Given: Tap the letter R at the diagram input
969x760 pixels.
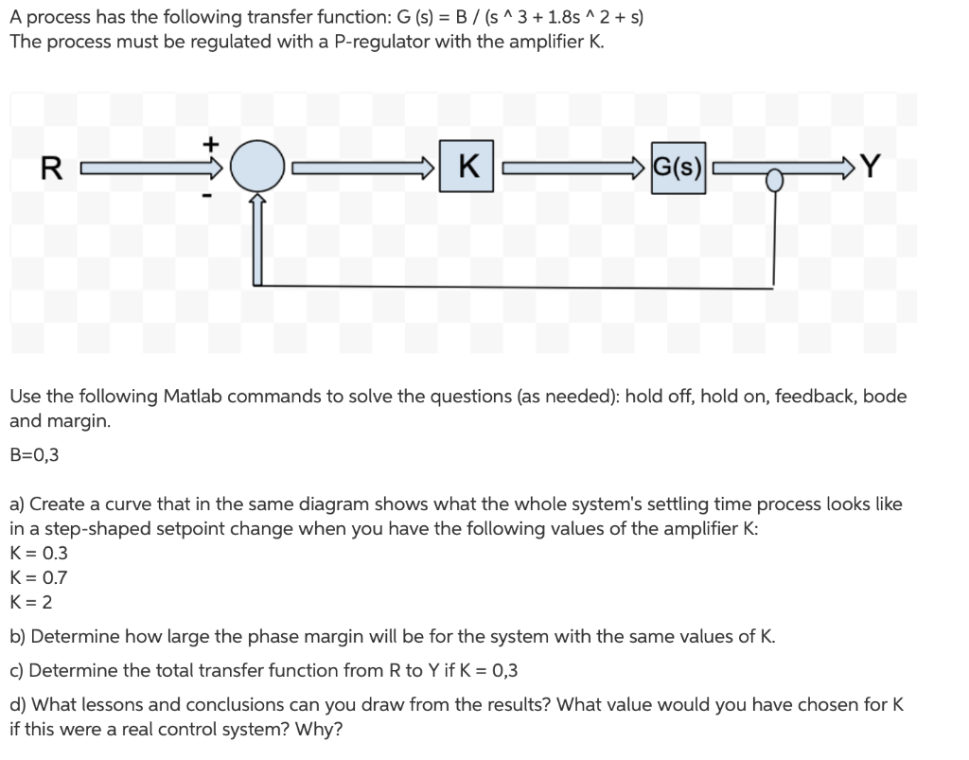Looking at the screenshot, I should click(53, 170).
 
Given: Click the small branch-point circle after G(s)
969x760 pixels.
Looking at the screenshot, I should click(774, 177).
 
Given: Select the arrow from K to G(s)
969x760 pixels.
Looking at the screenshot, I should click(574, 170).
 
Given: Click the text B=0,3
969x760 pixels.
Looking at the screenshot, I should click(34, 454).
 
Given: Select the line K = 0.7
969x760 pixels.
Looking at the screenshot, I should click(38, 576).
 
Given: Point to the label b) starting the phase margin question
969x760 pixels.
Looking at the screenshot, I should click(18, 636).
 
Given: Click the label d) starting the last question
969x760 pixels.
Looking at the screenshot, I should click(18, 705).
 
